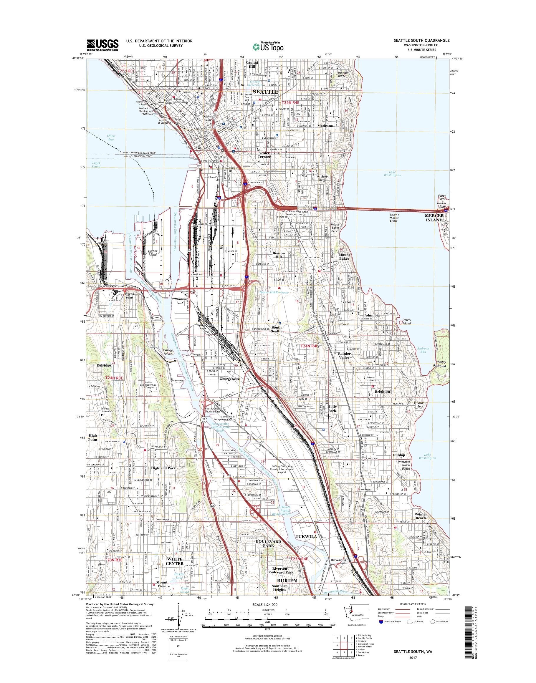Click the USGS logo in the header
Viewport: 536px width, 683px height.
coord(102,44)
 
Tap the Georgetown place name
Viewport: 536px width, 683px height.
coord(230,379)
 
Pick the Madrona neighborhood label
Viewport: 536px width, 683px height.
coord(325,126)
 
